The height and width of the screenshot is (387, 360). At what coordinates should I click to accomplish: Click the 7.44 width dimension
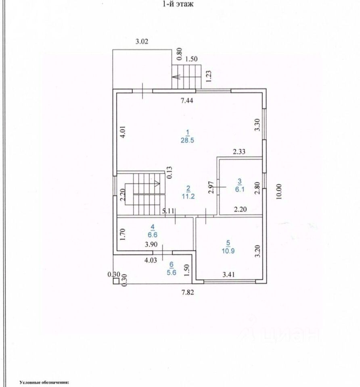coord(186,101)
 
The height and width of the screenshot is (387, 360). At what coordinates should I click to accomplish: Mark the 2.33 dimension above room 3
coord(239,152)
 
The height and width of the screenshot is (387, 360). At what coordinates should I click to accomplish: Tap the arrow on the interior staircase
coord(156,183)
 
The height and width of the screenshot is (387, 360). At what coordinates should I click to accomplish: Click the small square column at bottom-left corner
coord(115,282)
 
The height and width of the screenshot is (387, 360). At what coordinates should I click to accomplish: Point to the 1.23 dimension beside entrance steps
coord(209,76)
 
